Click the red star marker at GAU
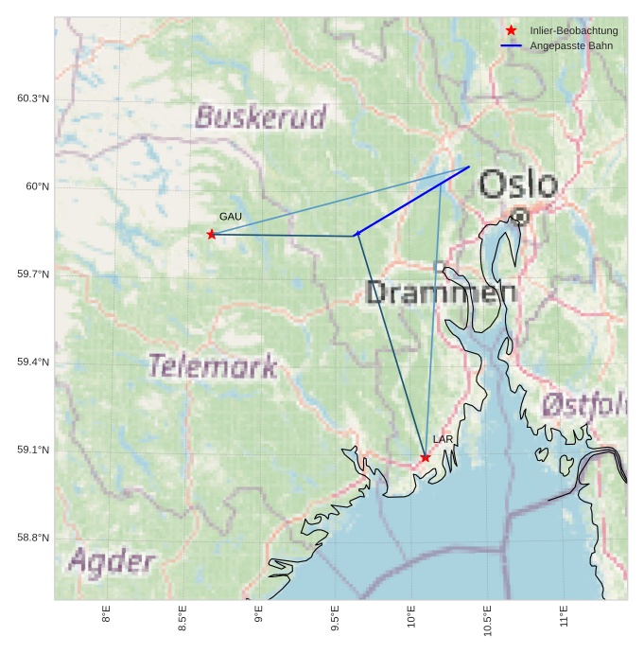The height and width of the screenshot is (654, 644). click(211, 234)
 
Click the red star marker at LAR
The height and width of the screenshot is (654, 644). click(426, 458)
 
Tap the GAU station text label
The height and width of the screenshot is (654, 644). click(231, 217)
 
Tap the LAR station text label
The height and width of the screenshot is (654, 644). click(444, 440)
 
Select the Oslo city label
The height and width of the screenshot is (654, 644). click(517, 184)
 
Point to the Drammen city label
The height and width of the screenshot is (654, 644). click(441, 292)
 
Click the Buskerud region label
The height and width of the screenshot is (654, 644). click(260, 117)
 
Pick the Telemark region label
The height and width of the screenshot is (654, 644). click(213, 366)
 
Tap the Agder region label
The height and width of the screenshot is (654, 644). click(112, 562)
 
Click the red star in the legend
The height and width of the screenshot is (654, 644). click(511, 31)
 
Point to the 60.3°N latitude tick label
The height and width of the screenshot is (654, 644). click(33, 98)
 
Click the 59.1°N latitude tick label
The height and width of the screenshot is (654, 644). click(33, 451)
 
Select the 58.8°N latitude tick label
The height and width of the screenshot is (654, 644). click(33, 539)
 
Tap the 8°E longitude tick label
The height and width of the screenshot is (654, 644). click(106, 617)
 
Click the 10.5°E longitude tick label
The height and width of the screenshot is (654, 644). click(487, 620)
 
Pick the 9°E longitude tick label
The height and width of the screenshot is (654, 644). click(258, 617)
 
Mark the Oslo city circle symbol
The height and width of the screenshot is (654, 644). click(519, 218)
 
